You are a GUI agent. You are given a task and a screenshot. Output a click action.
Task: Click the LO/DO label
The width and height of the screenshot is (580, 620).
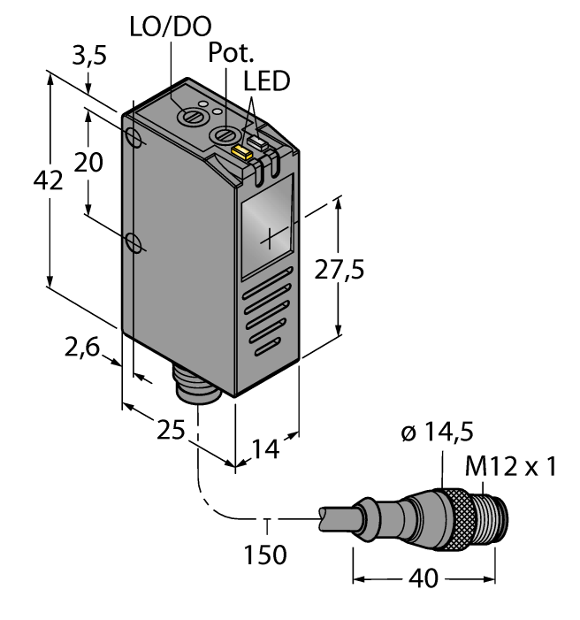click(170, 26)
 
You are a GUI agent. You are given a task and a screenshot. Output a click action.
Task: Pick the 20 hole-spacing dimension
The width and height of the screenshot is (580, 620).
click(90, 163)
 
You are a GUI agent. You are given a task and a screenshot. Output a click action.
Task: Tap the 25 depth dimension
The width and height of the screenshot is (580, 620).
click(168, 432)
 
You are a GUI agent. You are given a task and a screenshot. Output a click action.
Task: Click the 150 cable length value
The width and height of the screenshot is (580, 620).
click(265, 555)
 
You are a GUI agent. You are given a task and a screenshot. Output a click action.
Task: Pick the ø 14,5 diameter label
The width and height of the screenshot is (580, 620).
click(437, 432)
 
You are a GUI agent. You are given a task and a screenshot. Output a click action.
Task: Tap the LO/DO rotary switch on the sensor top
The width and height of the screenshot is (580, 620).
click(188, 115)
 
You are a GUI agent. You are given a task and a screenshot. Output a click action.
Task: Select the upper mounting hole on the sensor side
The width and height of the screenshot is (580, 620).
click(134, 138)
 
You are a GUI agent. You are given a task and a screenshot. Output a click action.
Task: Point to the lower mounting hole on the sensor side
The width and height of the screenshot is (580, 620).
click(134, 241)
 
